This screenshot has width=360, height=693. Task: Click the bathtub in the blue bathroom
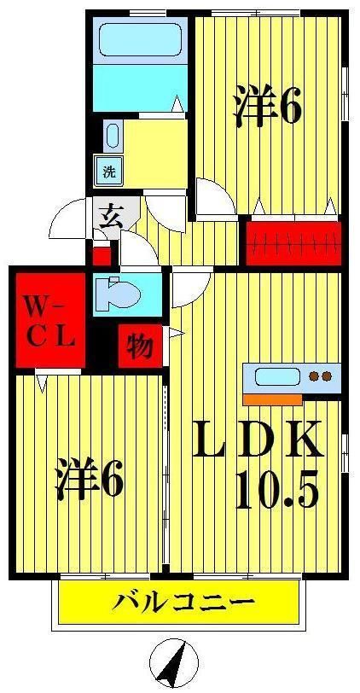(141, 40)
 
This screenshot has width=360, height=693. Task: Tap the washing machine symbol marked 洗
(109, 171)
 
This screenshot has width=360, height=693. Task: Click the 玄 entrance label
(110, 217)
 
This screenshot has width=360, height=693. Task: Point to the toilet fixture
(117, 294)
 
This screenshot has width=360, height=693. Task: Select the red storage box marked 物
(141, 346)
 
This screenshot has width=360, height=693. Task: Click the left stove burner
(315, 376)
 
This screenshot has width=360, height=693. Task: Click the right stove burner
(327, 376)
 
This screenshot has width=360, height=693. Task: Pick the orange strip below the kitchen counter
(272, 399)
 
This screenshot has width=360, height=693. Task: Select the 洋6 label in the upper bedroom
(267, 107)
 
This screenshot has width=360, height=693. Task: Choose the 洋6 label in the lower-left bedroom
(89, 479)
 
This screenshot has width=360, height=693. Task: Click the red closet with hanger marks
(293, 243)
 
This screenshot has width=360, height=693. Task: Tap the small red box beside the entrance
(102, 256)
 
